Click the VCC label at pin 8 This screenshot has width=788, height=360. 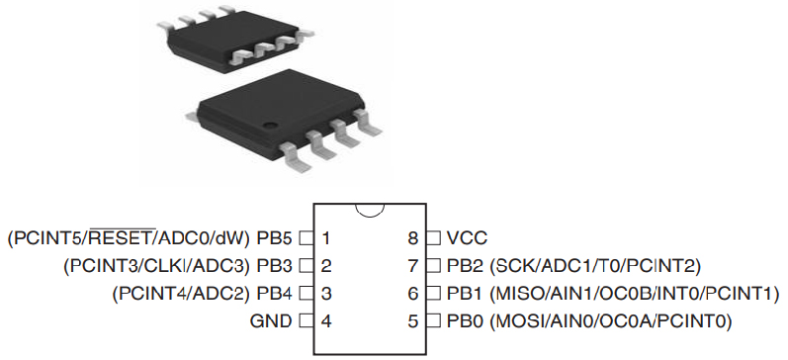click(x=467, y=237)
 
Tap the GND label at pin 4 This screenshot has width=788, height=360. click(x=271, y=320)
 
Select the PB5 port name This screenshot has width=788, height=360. click(x=274, y=237)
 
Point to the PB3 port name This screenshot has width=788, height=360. click(x=274, y=265)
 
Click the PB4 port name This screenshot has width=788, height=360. click(x=274, y=293)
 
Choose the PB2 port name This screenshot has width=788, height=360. click(x=465, y=265)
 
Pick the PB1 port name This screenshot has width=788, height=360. click(x=465, y=293)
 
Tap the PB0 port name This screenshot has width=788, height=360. click(x=465, y=320)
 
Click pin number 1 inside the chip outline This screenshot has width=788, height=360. click(x=325, y=237)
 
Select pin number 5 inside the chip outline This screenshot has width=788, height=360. click(x=413, y=320)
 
